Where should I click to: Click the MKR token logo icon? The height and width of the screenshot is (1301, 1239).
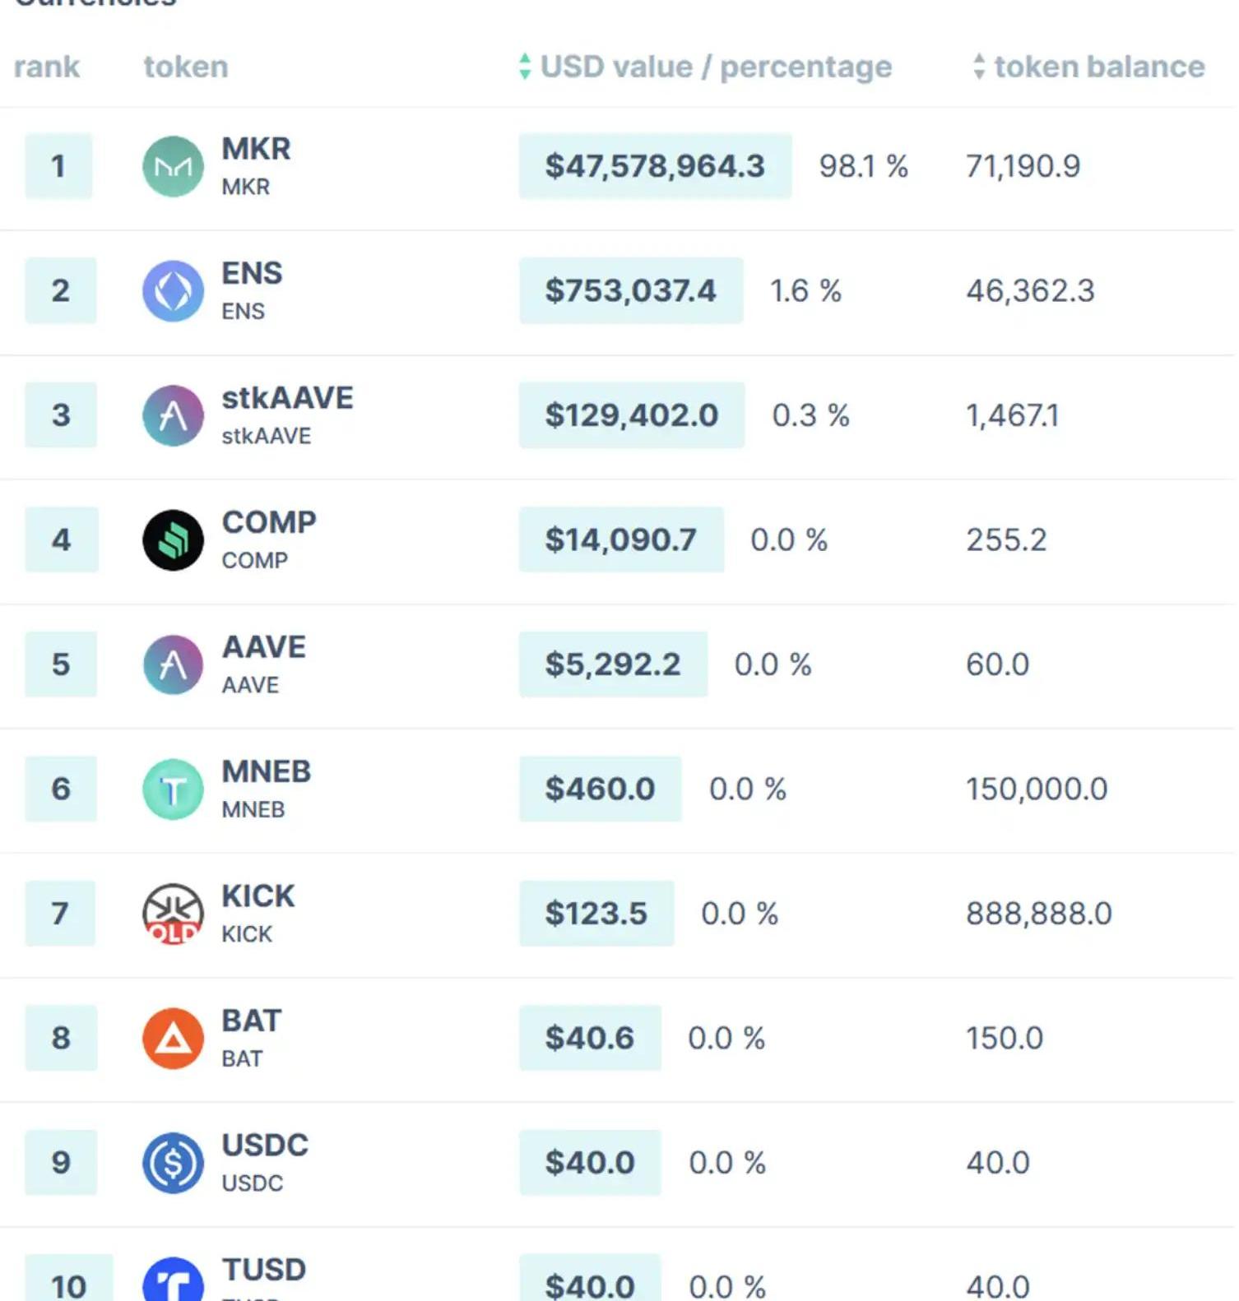[173, 167]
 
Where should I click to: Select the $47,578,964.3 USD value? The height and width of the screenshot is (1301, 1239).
[654, 166]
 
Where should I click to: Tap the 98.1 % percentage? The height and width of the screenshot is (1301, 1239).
[863, 166]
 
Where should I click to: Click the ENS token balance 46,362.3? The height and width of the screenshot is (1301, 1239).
[1030, 291]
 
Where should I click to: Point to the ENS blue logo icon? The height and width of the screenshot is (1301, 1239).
[173, 291]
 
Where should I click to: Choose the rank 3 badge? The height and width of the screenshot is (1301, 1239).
[61, 415]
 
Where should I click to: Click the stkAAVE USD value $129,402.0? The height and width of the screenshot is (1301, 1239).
[631, 415]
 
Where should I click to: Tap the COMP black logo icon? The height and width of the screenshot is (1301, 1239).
[173, 540]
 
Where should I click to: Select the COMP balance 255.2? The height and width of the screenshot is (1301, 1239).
[1006, 540]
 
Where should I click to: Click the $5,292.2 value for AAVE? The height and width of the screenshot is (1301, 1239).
[613, 664]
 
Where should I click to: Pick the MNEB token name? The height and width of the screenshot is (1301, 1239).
[266, 772]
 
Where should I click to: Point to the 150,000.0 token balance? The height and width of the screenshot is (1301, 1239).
[1037, 789]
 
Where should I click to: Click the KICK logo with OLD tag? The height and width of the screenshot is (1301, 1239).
[173, 914]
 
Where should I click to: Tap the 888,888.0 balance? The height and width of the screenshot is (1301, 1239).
[1038, 914]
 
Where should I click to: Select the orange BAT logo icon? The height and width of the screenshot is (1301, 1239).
[173, 1039]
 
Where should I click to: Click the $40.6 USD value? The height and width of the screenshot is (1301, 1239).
[590, 1039]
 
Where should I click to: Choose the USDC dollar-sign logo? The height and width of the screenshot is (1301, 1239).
[173, 1163]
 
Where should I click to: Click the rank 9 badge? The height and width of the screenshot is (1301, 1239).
[61, 1163]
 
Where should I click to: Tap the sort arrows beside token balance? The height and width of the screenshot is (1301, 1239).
[978, 67]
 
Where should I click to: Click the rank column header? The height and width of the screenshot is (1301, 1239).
[47, 67]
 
